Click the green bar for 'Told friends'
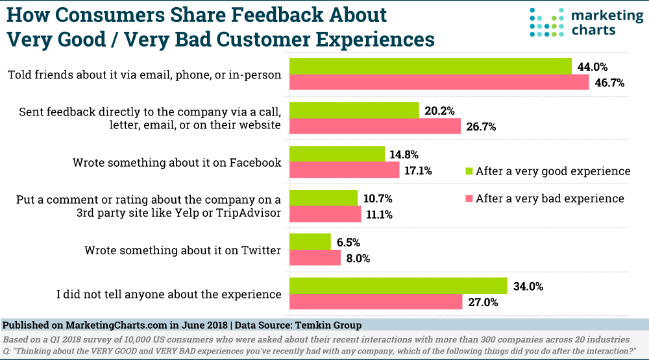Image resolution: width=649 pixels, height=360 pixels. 430,66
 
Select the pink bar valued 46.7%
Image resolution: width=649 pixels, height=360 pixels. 438,83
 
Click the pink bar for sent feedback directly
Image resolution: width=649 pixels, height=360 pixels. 374,127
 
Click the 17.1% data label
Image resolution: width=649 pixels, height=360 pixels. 419,171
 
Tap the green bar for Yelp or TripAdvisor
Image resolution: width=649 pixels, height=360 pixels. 323,198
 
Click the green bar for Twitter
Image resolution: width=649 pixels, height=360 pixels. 310,242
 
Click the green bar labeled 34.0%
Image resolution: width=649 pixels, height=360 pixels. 397,285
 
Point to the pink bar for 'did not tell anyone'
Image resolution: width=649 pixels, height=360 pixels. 374,302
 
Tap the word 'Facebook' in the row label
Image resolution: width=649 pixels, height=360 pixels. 253,163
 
